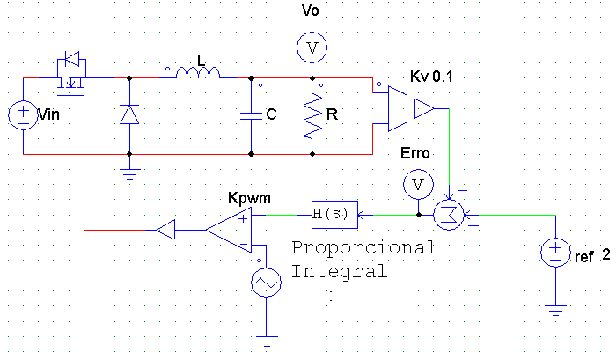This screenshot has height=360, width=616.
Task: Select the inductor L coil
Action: [x=198, y=73]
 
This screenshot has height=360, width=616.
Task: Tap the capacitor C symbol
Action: [x=252, y=115]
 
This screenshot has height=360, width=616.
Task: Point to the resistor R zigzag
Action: [x=312, y=115]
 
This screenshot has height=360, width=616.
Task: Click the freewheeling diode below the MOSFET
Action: [x=129, y=114]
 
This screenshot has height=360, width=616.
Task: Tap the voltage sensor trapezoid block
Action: [x=398, y=108]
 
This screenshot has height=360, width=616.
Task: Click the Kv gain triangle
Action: [x=424, y=108]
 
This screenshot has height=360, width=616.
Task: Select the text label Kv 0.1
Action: [x=431, y=77]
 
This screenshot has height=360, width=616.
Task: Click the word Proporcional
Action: [x=363, y=248]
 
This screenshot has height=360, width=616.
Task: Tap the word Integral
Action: [x=339, y=271]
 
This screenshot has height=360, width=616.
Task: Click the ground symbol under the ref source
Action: [x=555, y=311]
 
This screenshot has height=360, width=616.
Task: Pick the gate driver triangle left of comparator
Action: [x=165, y=230]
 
